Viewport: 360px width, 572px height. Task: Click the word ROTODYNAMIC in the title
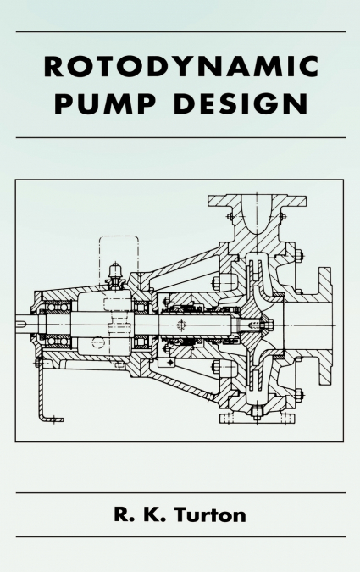pyautogui.click(x=181, y=66)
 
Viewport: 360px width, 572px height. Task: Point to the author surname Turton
pyautogui.click(x=210, y=514)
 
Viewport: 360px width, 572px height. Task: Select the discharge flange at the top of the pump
pyautogui.click(x=257, y=200)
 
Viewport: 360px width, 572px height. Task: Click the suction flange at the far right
pyautogui.click(x=325, y=325)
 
